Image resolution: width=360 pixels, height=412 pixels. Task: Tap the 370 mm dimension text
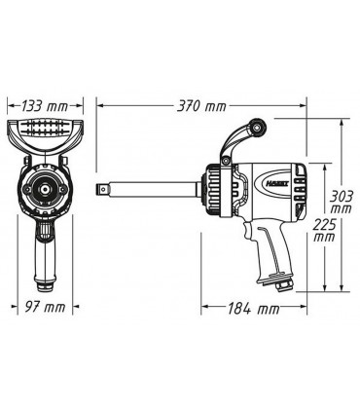(x=201, y=100)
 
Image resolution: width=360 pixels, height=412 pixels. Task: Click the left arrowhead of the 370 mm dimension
(x=100, y=102)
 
